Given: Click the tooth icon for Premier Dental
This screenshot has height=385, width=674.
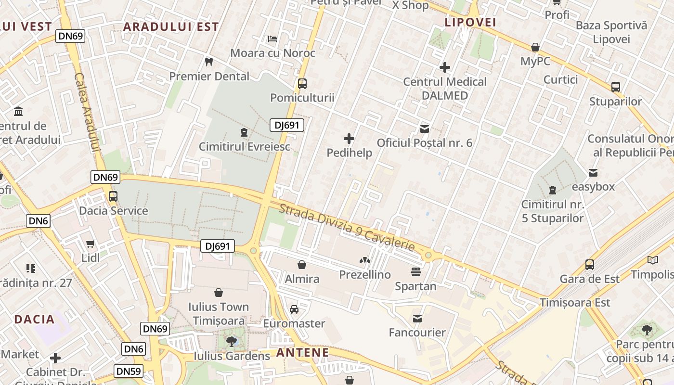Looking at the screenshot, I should [208, 62].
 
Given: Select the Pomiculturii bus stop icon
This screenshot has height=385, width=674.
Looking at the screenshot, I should [302, 83].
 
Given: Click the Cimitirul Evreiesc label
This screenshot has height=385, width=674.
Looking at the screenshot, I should [245, 146].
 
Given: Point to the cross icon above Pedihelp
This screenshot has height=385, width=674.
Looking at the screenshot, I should [349, 139].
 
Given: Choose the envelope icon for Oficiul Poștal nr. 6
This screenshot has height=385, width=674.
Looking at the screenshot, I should [425, 128].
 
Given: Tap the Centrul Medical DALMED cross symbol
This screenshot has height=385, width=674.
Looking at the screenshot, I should [445, 67].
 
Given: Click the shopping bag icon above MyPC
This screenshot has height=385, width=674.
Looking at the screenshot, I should [535, 47].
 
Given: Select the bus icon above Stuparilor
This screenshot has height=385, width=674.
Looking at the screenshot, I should [615, 87].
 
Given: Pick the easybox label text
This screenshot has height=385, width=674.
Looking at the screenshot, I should [593, 187].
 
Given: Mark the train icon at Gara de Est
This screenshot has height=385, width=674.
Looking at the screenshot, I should [589, 264].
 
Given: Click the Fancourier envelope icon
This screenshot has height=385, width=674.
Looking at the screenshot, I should [417, 318].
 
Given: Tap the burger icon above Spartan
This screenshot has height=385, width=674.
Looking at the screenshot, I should [416, 272].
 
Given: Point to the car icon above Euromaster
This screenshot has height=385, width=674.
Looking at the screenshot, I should [294, 309].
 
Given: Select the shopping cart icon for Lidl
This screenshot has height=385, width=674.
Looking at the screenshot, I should [90, 244].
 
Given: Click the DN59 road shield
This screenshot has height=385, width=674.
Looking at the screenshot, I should [129, 371].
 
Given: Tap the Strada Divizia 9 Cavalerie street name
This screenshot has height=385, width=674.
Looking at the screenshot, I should [347, 228].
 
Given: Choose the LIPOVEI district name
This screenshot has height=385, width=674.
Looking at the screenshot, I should [470, 22].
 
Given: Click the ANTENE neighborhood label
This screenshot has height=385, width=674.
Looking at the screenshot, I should [302, 353].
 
